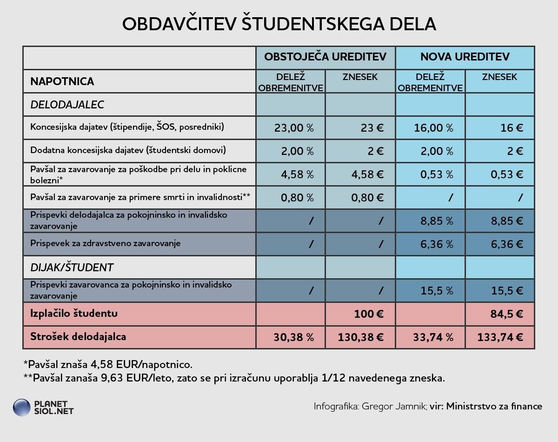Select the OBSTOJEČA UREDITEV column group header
[325, 57]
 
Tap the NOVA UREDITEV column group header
[465, 57]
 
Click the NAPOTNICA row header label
[62, 81]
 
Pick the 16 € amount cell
[511, 128]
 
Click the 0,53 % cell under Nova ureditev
[433, 174]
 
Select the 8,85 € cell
[507, 221]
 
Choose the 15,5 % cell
[436, 291]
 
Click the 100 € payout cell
[369, 314]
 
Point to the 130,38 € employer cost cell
[361, 337]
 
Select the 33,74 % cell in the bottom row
[433, 337]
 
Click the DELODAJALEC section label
[67, 105]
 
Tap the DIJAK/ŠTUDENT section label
[72, 268]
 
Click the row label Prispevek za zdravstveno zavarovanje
[105, 243]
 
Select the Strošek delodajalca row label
[78, 336]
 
